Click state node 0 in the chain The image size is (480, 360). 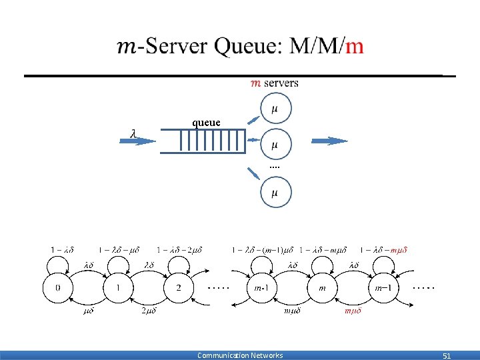pyautogui.click(x=58, y=287)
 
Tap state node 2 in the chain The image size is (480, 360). pyautogui.click(x=178, y=287)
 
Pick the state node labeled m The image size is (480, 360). pyautogui.click(x=323, y=287)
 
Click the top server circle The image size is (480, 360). pyautogui.click(x=275, y=109)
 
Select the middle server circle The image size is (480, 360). pyautogui.click(x=275, y=143)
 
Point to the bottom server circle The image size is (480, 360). pyautogui.click(x=275, y=192)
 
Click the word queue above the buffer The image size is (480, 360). pyautogui.click(x=206, y=122)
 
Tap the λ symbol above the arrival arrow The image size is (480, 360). pyautogui.click(x=133, y=133)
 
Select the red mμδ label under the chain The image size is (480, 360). pyautogui.click(x=352, y=311)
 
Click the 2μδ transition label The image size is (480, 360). pyautogui.click(x=148, y=311)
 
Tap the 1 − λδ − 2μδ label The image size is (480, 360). pyautogui.click(x=179, y=250)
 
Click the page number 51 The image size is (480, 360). pyautogui.click(x=447, y=355)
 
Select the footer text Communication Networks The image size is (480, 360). pyautogui.click(x=240, y=355)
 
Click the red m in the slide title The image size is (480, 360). pyautogui.click(x=355, y=46)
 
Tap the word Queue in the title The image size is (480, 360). pyautogui.click(x=247, y=46)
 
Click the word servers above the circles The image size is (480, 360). pyautogui.click(x=281, y=83)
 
